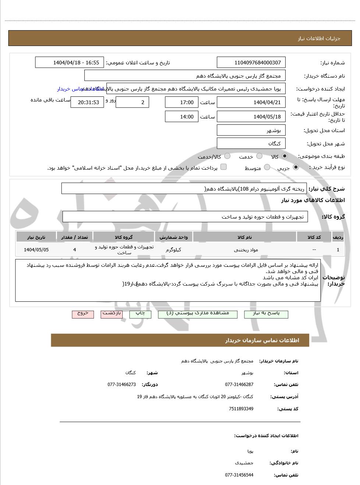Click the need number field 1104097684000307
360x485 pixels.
pos(251,63)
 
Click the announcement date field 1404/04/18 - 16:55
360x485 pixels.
pos(70,63)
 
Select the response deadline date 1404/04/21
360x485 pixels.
pos(251,102)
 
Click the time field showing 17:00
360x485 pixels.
pos(181,102)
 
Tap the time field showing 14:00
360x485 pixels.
pos(181,117)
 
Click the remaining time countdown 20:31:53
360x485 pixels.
pos(87,102)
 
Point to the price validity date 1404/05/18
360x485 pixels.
pos(251,117)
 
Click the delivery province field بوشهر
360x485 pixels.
pos(251,130)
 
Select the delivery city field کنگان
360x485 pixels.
pos(251,144)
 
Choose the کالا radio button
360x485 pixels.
pos(284,156)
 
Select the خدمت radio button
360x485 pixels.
pos(259,156)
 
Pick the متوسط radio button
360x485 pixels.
pos(267,167)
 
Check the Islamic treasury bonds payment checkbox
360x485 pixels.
pos(223,167)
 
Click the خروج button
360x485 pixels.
pos(83,314)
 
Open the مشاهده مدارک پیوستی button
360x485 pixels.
pos(198,314)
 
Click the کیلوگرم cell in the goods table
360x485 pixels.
pos(173,249)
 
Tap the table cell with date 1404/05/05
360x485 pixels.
pos(36,249)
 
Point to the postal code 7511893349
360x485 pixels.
pos(241,409)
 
